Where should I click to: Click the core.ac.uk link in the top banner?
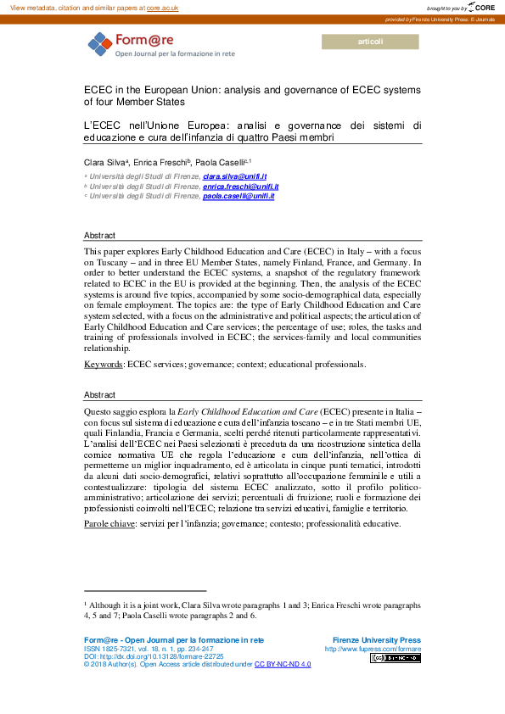pyautogui.click(x=162, y=7)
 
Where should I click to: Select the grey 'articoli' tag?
pyautogui.click(x=371, y=42)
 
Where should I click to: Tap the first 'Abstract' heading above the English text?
pyautogui.click(x=99, y=235)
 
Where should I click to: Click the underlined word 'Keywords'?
pyautogui.click(x=104, y=364)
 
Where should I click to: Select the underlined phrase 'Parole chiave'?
pyautogui.click(x=109, y=525)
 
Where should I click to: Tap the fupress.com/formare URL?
pyautogui.click(x=373, y=649)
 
